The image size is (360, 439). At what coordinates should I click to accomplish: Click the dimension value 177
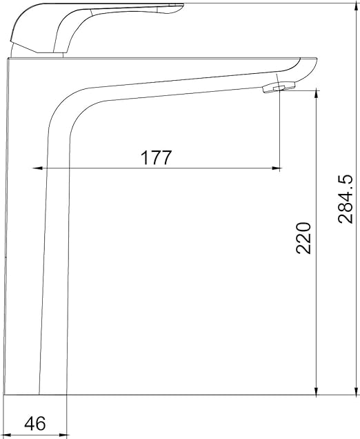pos(156,157)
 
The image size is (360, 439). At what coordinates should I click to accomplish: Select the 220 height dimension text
pos(303,238)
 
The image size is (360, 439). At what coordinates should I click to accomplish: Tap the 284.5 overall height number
pos(346,199)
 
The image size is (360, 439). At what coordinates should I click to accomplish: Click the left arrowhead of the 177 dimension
pos(37,168)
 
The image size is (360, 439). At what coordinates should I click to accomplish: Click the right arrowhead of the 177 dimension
pos(277,168)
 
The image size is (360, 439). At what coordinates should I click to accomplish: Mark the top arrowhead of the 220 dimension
pos(317,93)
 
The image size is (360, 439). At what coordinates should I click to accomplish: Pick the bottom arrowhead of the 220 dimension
pos(317,391)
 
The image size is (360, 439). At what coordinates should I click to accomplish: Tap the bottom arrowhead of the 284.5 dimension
pos(356,390)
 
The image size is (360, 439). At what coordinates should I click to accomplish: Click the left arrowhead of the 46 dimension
pos(8,436)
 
